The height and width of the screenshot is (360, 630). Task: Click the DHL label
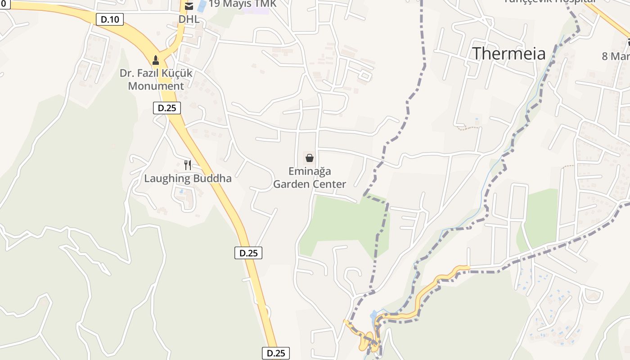pos(189,19)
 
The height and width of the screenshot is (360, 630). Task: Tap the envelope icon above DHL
pos(189,6)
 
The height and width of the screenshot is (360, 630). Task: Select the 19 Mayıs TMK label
pos(242,4)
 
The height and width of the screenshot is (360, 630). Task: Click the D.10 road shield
pos(110,19)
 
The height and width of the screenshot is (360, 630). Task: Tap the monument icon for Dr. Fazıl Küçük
pos(156,60)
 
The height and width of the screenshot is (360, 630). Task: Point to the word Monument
pos(156,86)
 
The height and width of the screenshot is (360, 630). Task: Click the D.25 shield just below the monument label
pos(167,108)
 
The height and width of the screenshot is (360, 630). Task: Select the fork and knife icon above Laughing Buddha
pos(188,165)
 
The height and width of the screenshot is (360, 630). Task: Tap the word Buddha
pos(212,178)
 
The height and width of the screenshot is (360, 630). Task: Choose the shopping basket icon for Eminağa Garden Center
pos(310,158)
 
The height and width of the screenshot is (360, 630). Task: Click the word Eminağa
pos(310,171)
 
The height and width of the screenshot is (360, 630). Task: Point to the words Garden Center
pos(310,184)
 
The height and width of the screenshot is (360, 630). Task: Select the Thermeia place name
pos(508,54)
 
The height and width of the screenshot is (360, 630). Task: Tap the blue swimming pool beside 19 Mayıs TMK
pos(202,6)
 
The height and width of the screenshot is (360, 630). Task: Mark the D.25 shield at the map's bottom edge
pos(276,353)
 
